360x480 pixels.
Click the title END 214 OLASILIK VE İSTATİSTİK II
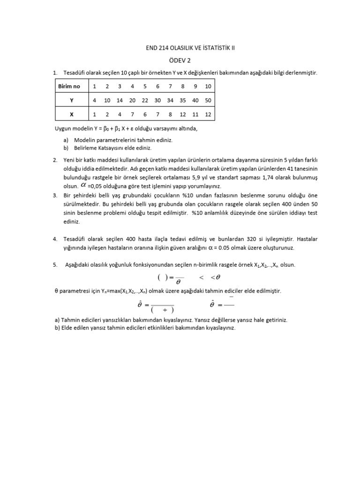click(x=180, y=48)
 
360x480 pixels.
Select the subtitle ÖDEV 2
click(x=180, y=60)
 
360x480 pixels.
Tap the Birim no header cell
click(x=69, y=86)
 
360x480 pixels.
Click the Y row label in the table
click(x=71, y=100)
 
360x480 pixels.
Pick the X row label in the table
click(x=71, y=114)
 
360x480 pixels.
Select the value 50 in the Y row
click(x=208, y=100)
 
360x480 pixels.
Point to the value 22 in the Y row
click(x=145, y=100)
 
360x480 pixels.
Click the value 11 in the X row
click(x=195, y=114)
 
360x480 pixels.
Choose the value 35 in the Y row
click(x=182, y=100)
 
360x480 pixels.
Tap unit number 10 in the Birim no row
click(x=208, y=86)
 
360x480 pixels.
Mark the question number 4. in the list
click(x=55, y=239)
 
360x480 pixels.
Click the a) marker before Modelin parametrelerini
click(x=66, y=140)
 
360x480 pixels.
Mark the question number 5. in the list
click(x=55, y=265)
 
